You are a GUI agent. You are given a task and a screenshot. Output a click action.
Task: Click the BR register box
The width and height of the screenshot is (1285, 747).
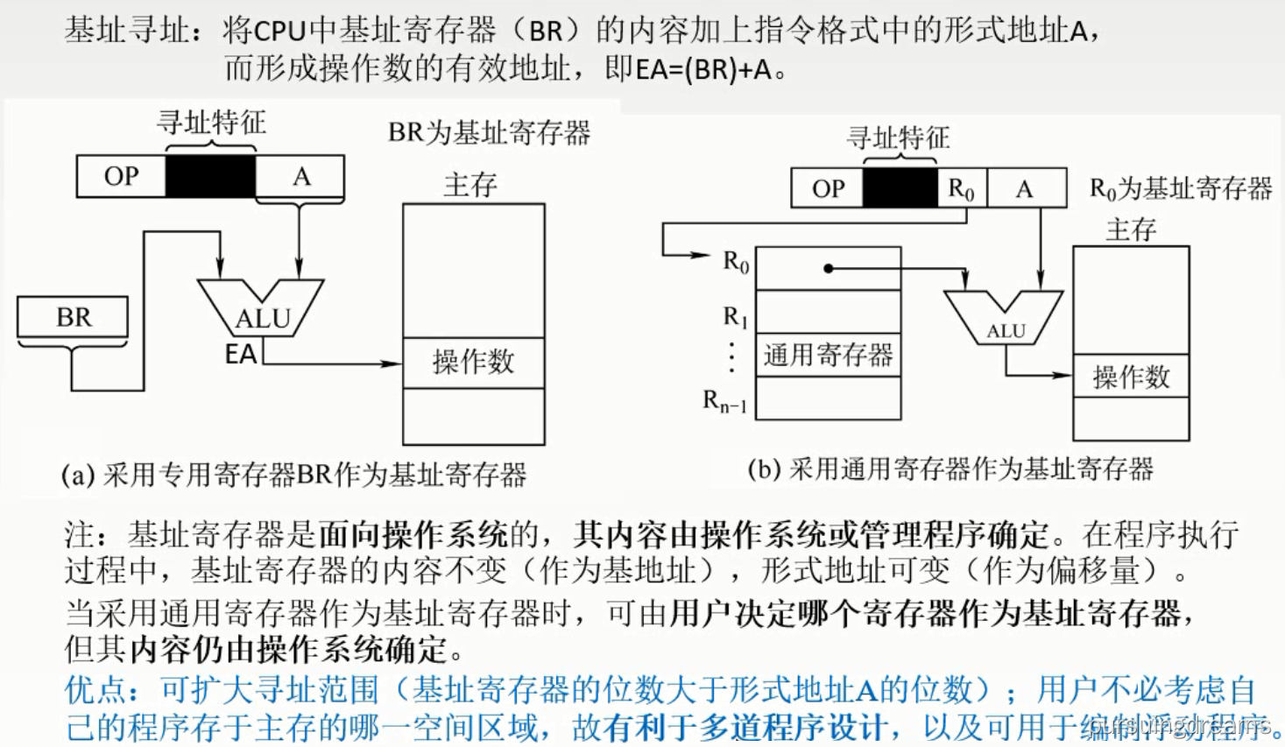tap(73, 317)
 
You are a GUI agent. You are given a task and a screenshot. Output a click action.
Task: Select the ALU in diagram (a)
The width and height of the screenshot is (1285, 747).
tap(261, 310)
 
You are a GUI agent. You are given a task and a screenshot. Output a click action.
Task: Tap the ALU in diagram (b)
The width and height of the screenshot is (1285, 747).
tap(1004, 321)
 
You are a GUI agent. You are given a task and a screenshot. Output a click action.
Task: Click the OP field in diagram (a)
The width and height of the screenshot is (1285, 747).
tap(121, 177)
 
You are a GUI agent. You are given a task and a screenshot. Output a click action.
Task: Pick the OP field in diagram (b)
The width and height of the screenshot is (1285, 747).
tap(828, 188)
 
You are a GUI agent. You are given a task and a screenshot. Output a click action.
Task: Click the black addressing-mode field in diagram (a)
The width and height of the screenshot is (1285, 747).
tap(210, 177)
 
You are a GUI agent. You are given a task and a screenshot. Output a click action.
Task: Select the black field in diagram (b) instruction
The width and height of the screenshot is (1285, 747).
tap(900, 188)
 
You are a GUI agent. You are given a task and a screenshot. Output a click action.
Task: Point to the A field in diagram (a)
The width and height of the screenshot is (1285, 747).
tap(300, 177)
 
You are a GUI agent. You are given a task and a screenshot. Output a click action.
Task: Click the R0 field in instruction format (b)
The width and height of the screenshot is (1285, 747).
tap(961, 188)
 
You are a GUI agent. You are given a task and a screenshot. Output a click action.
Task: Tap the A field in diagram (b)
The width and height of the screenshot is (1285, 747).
tap(1025, 188)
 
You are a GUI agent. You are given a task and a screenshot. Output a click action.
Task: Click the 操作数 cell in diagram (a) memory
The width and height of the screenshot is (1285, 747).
tap(473, 363)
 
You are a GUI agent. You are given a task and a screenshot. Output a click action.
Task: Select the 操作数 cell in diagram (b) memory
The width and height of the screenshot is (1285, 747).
tap(1131, 377)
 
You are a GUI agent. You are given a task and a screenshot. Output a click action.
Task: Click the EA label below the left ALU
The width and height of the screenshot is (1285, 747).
tap(240, 355)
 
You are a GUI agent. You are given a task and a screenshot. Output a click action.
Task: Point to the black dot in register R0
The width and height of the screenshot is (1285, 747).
tap(829, 268)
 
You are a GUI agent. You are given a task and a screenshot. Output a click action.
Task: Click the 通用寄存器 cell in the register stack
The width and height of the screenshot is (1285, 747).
tap(828, 355)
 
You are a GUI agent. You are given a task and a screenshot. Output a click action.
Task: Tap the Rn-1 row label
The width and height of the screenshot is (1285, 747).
tap(725, 402)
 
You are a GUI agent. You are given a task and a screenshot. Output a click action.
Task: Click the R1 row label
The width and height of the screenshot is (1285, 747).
tap(735, 316)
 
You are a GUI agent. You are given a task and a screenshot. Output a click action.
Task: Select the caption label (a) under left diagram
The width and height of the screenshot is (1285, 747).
tap(78, 476)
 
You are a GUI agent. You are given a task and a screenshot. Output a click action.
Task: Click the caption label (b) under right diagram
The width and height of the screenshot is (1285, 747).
tap(764, 469)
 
